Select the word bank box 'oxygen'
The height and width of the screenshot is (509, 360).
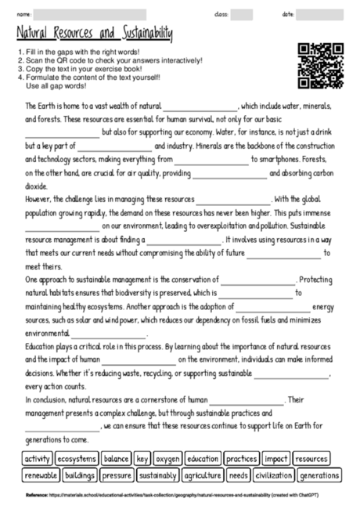[x=167, y=458]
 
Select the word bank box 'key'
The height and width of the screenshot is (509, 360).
[x=142, y=458]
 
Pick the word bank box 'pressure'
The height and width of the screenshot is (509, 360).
[x=117, y=475]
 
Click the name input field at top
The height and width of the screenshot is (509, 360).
[x=90, y=14]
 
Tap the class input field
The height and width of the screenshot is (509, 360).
[x=242, y=14]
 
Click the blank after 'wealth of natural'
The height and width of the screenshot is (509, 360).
[x=200, y=106]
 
